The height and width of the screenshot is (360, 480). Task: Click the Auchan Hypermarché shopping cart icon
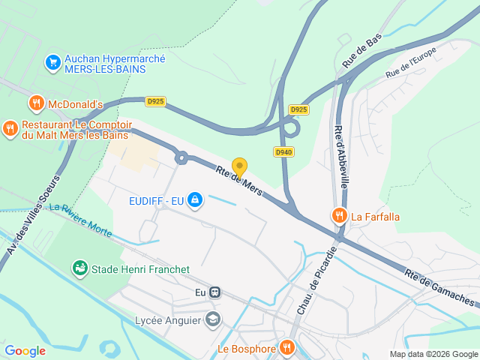[x=52, y=62]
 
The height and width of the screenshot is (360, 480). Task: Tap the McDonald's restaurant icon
[x=36, y=103]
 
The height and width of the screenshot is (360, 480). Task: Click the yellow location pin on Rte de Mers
[x=239, y=166]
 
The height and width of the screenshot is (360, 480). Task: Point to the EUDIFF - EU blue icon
[x=195, y=199]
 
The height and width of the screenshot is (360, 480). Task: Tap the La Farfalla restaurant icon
[x=339, y=217]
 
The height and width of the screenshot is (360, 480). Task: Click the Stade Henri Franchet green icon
[x=79, y=268]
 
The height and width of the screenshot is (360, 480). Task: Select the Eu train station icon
[x=215, y=292]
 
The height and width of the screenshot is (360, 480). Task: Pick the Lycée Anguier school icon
[x=213, y=319]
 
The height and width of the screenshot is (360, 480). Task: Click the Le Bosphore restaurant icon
[x=286, y=347]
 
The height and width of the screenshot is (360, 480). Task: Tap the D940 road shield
[x=283, y=152]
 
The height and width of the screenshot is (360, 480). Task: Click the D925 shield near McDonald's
[x=156, y=101]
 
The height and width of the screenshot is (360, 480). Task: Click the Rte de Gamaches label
[x=439, y=288]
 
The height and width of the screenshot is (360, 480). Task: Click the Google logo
[x=25, y=350]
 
